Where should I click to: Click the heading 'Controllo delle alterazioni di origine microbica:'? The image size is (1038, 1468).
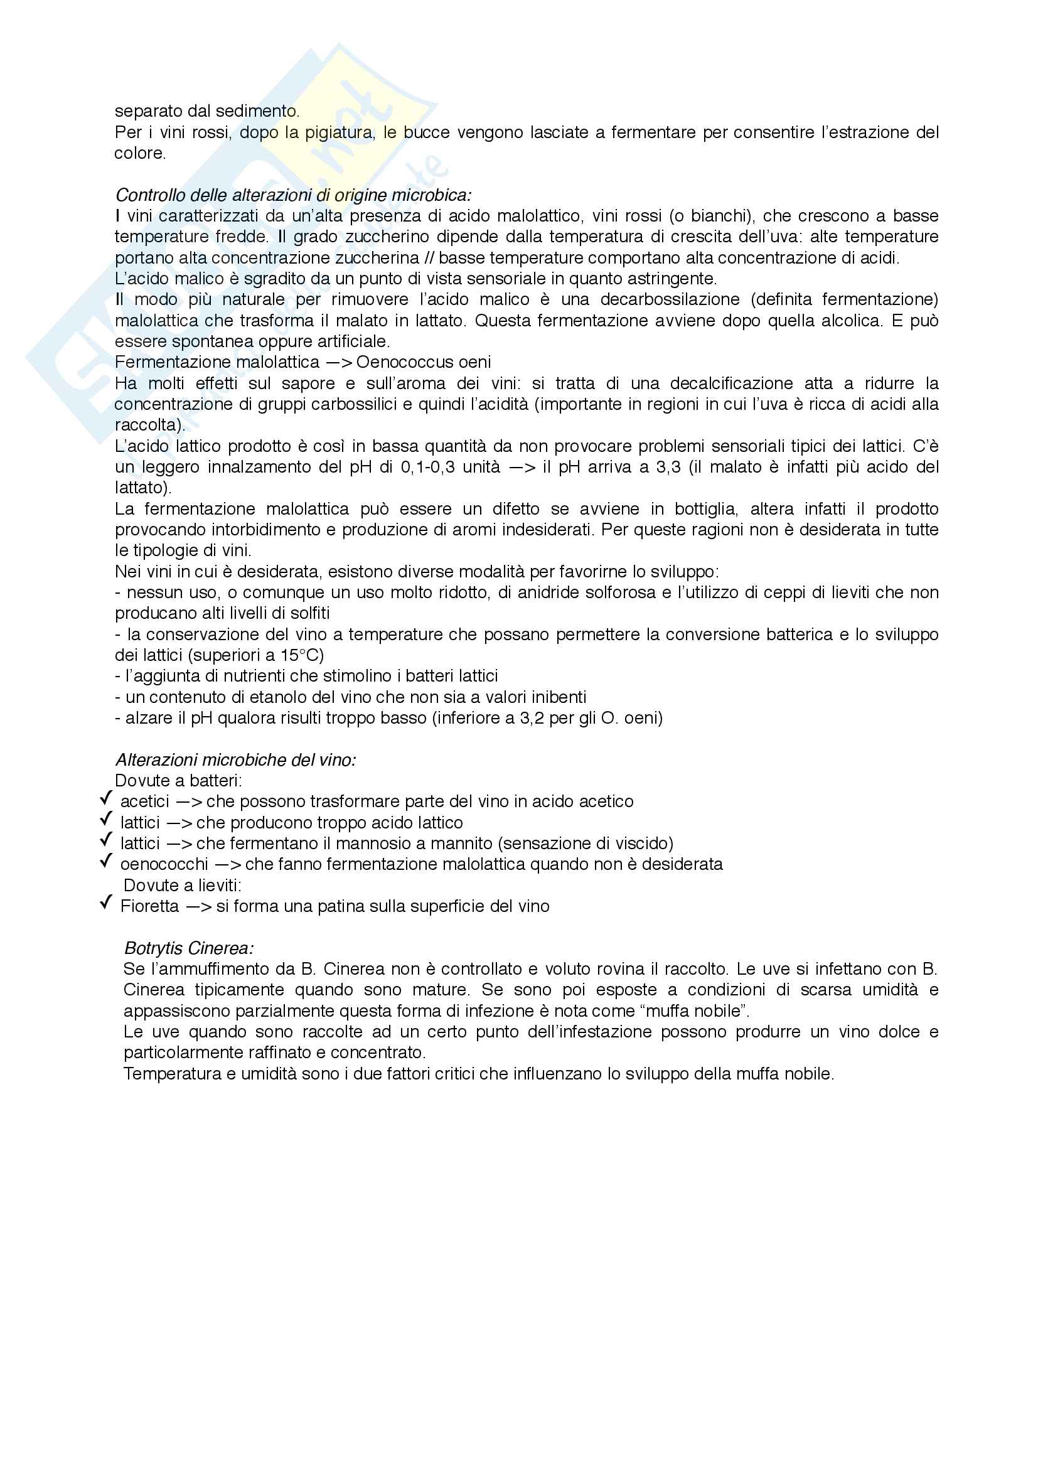point(292,195)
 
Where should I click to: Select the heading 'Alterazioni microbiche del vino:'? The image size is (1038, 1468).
point(235,759)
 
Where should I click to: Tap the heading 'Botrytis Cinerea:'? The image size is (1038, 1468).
point(188,948)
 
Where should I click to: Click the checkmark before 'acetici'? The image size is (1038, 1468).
point(106,798)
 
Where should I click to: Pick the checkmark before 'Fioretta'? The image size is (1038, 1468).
point(106,903)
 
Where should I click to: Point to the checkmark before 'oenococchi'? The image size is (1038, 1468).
point(106,861)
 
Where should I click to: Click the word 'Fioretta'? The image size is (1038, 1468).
point(149,906)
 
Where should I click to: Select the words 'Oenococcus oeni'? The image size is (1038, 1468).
point(423,362)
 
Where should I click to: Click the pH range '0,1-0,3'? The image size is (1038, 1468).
point(427,467)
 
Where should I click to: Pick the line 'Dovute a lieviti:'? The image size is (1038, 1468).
point(182,885)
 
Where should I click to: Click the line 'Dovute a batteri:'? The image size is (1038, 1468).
point(178,780)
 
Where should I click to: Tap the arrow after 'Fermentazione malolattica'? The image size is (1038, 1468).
point(338,362)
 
